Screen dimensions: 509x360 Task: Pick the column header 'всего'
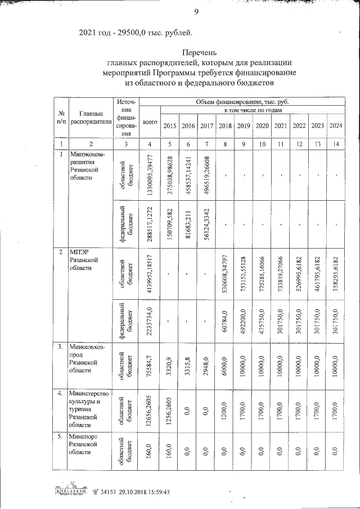[150, 121]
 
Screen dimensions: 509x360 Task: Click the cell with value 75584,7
[150, 363]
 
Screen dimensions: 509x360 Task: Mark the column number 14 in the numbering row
[336, 143]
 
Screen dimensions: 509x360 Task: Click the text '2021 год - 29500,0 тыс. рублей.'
[139, 31]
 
